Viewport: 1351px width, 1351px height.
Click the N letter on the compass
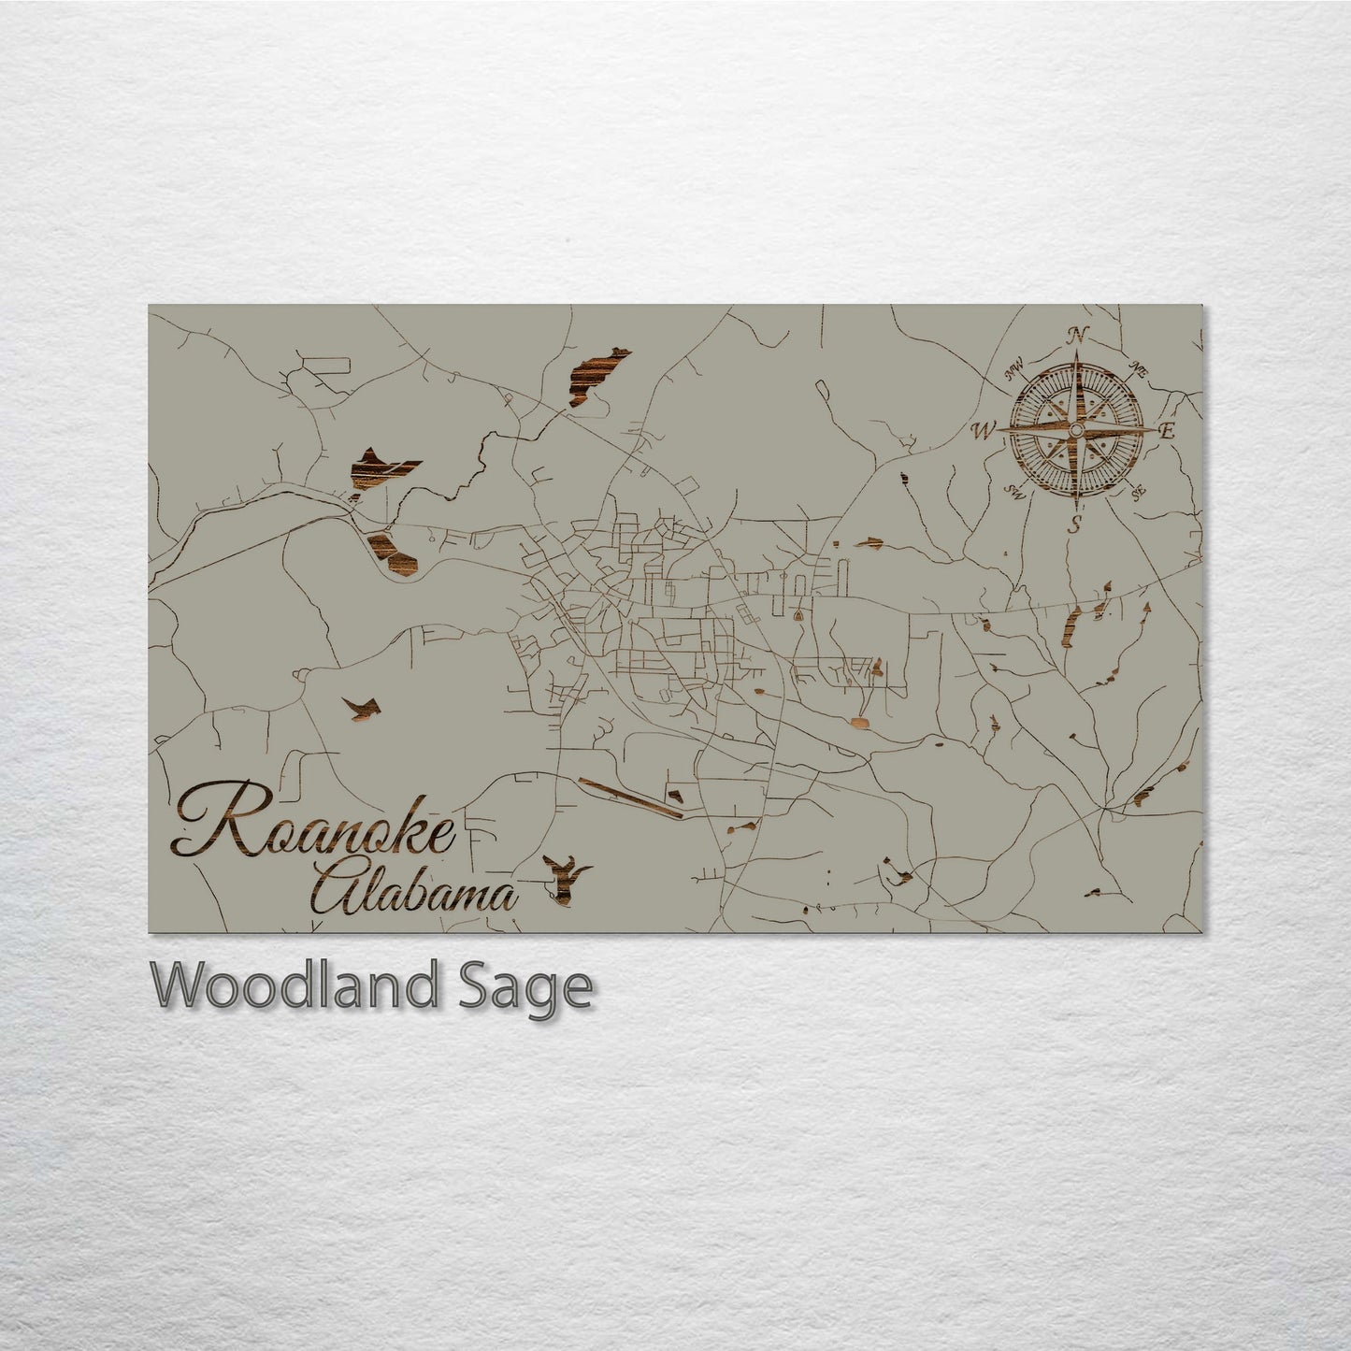[1078, 334]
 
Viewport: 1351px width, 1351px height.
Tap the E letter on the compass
[1166, 431]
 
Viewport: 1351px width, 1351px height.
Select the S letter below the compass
[1076, 524]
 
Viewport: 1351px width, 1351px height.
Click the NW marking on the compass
[1013, 374]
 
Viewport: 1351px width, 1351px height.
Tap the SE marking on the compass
[1138, 492]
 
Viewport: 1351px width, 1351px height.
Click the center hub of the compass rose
[1076, 430]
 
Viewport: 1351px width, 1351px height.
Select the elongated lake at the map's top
[596, 376]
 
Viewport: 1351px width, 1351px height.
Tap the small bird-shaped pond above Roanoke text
[361, 707]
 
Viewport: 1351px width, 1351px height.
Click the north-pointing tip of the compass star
[1077, 353]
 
